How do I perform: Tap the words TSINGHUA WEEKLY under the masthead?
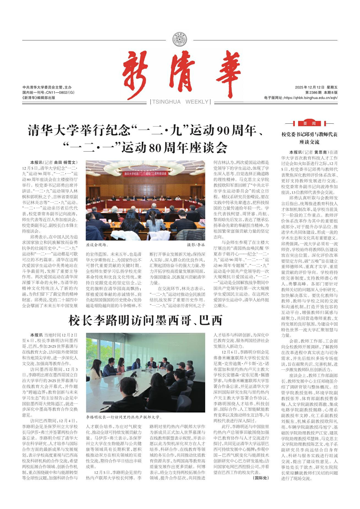180,102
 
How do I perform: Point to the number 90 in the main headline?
223,131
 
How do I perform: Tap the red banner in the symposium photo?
146,174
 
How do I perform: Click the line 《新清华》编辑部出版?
39,98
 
